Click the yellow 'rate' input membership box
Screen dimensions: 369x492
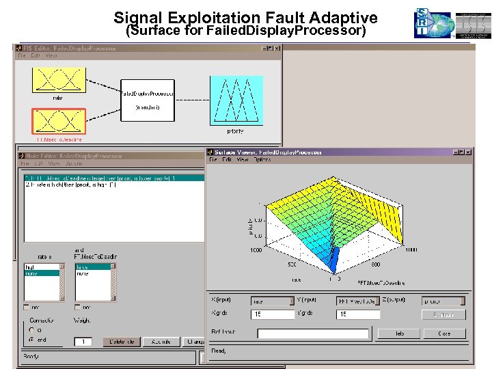pos(57,79)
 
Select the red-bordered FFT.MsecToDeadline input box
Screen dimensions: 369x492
pos(57,121)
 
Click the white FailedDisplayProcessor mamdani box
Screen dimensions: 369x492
pos(147,100)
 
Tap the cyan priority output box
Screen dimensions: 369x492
pos(235,100)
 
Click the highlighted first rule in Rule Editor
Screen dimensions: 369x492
pos(113,178)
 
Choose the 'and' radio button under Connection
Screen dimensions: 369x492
pos(32,339)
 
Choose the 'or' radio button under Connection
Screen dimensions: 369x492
pos(32,329)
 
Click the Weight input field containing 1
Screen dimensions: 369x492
pos(83,341)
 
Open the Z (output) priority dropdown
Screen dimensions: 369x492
pos(443,301)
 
